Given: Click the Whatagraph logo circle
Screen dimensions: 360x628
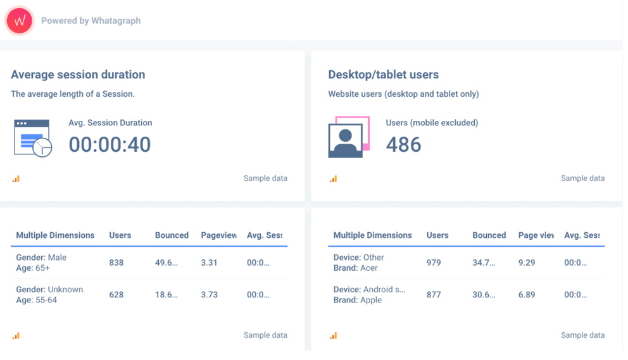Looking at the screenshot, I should [19, 21].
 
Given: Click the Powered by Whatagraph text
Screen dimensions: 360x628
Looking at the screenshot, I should [91, 21].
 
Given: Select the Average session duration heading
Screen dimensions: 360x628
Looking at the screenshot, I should [78, 75].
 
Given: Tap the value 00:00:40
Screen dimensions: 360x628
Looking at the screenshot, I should [110, 145].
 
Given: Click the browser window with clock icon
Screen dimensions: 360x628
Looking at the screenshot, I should [33, 139].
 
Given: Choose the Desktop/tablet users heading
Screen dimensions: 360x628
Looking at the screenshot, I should [383, 75].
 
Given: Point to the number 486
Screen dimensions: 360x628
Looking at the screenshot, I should [403, 145].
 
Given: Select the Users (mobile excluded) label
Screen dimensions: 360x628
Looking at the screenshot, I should [432, 123].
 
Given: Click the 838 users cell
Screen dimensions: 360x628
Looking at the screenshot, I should [116, 263].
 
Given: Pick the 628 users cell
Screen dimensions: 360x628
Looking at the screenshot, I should [116, 295].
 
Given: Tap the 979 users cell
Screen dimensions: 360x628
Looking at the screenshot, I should [434, 263].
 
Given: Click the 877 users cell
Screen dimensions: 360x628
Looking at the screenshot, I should [434, 295].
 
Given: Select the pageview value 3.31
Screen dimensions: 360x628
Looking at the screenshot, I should [210, 263].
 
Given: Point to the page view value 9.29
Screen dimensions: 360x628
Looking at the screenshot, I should [527, 263].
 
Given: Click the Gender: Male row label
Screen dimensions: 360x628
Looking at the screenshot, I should [41, 258].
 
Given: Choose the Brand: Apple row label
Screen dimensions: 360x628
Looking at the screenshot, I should [358, 300].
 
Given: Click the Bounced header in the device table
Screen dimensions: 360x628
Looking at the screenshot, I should [489, 235].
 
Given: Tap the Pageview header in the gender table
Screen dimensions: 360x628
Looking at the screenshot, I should [218, 235].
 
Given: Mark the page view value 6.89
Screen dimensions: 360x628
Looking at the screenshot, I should [527, 295].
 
